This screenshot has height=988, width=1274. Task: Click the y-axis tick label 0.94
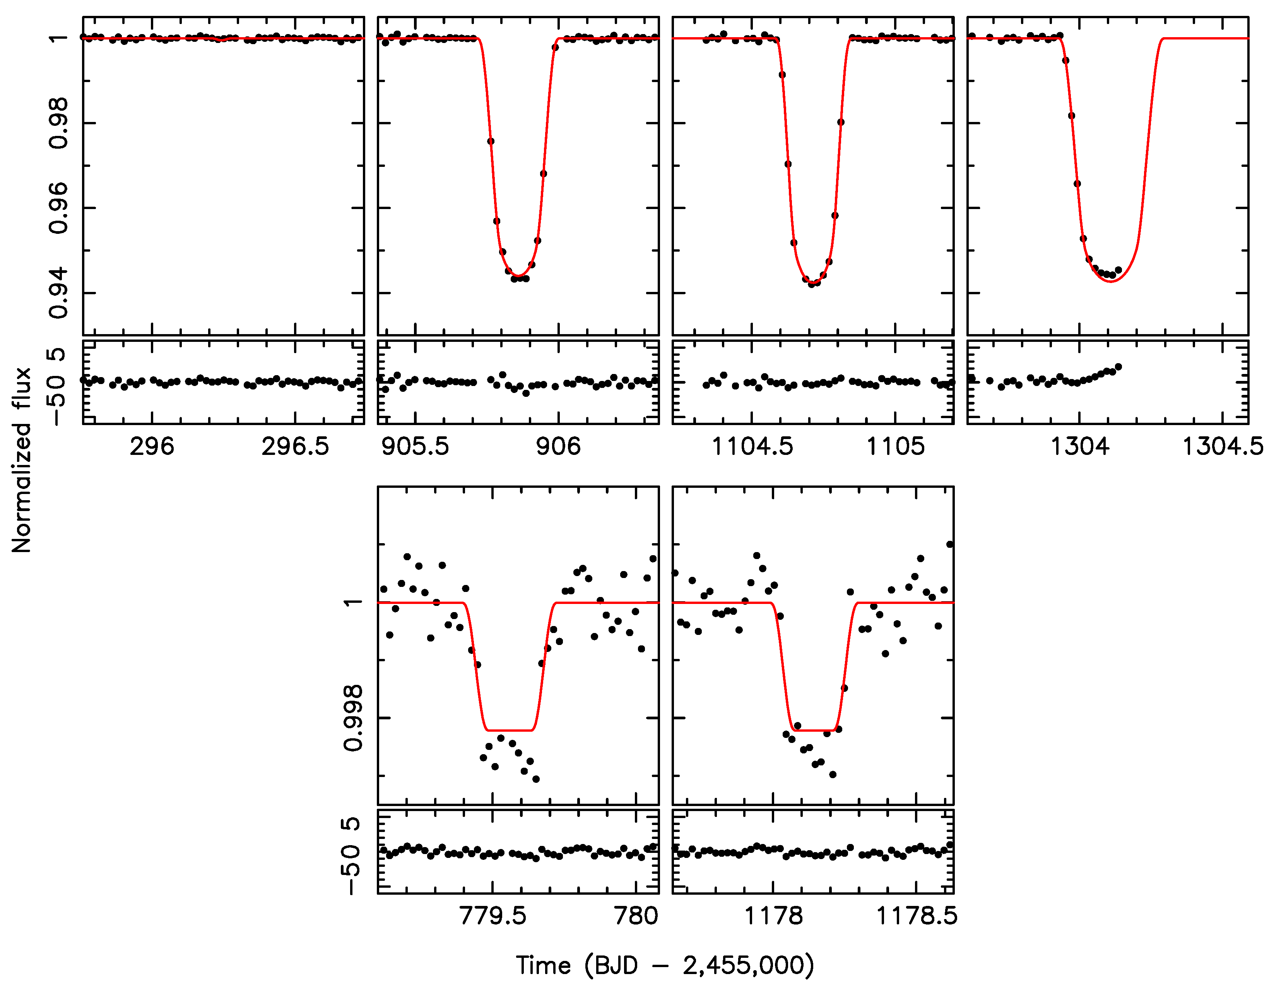pos(59,293)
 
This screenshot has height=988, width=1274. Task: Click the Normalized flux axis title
pos(22,460)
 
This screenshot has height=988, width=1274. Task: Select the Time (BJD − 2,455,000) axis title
pos(665,965)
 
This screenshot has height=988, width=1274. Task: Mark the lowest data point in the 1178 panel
pos(833,774)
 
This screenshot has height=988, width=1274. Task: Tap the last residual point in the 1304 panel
pos(1118,367)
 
